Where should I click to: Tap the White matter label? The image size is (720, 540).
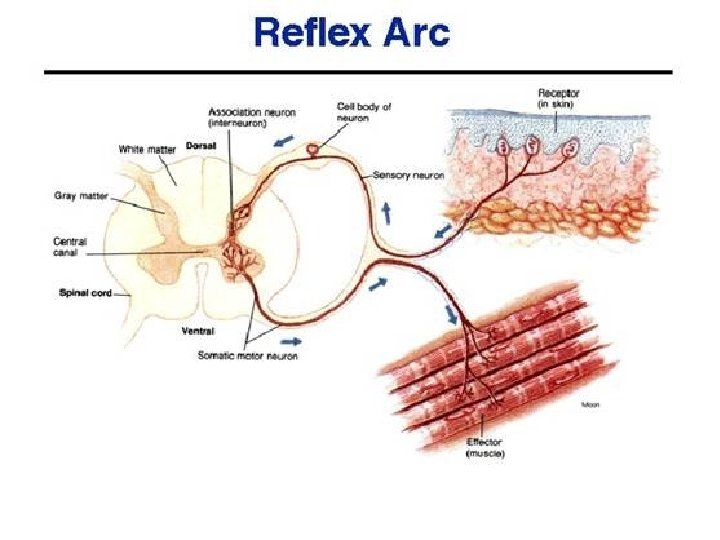147,149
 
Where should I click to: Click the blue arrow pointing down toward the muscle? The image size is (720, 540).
452,312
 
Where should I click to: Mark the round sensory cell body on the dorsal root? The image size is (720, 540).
316,150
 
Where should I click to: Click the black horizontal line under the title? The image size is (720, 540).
357,72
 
